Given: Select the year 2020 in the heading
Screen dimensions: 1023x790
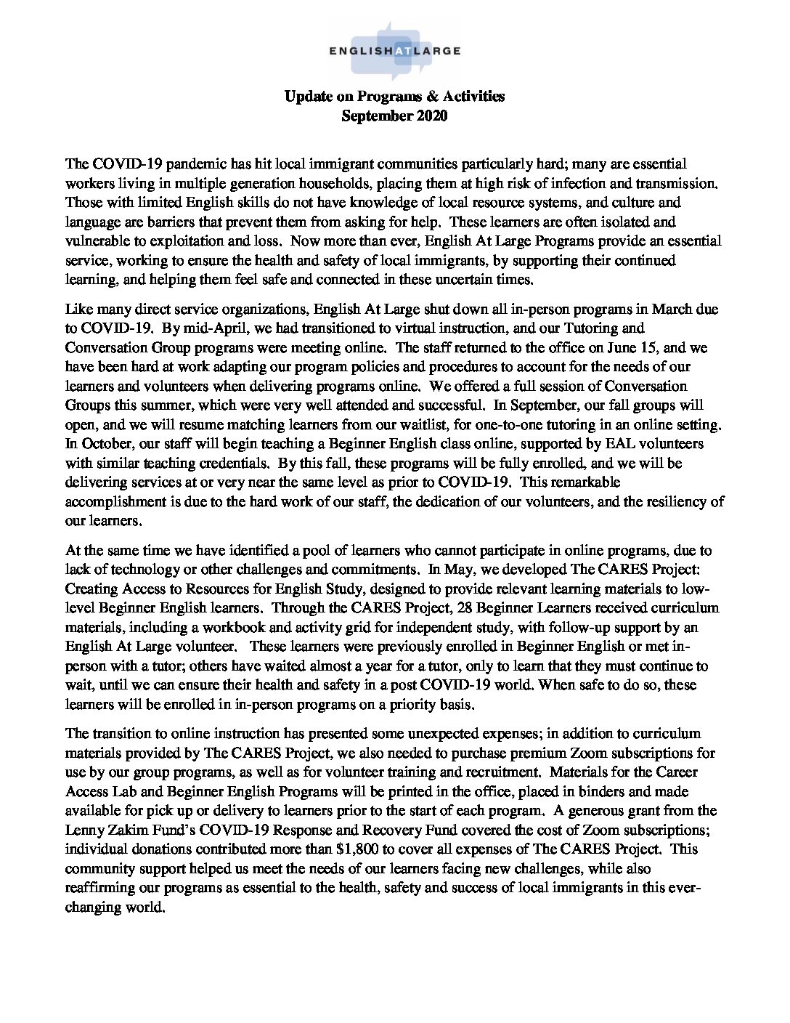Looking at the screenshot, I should point(431,116).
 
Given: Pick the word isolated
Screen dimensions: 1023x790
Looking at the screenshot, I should point(643,222).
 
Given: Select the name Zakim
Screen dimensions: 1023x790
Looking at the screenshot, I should point(121,828).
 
